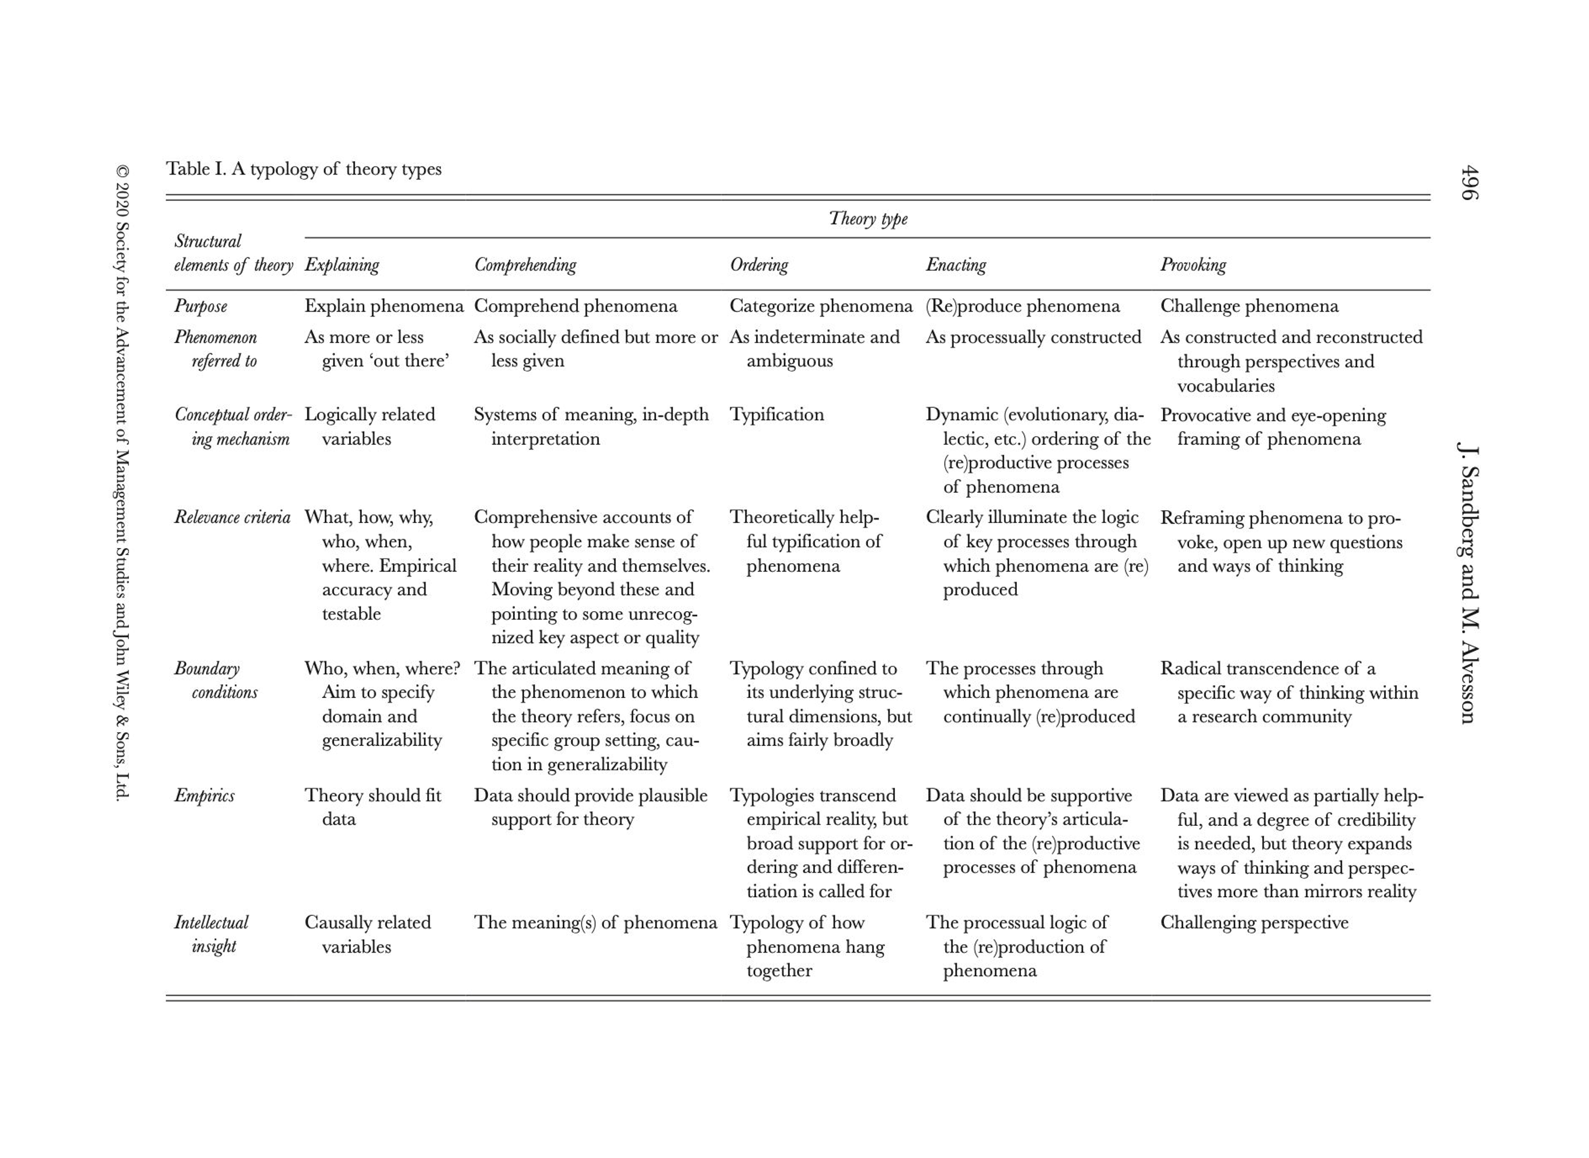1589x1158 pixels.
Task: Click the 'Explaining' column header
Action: click(342, 265)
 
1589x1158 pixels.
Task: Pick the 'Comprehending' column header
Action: click(525, 265)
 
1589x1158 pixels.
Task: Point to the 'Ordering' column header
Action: click(758, 265)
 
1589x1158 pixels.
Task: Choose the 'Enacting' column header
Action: click(956, 265)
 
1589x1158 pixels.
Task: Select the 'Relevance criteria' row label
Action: click(232, 517)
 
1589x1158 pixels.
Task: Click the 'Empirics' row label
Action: click(204, 796)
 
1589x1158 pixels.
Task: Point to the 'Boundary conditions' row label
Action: click(215, 680)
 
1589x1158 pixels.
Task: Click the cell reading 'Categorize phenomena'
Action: click(821, 306)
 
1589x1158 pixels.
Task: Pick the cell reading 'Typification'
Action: click(776, 414)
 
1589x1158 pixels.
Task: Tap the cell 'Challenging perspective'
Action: click(1254, 922)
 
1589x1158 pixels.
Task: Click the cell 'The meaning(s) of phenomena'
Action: click(595, 922)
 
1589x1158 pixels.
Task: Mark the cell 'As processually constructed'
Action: click(1033, 337)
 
